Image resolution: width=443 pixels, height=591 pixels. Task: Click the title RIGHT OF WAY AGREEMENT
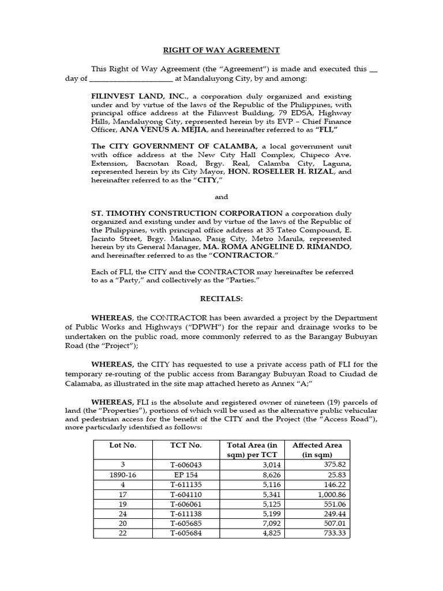[221, 50]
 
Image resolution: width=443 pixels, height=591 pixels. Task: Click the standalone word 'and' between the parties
[221, 197]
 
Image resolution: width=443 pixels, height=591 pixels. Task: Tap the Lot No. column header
[122, 445]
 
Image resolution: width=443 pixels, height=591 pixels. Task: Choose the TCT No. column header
[185, 445]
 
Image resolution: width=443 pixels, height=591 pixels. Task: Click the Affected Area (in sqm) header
[317, 450]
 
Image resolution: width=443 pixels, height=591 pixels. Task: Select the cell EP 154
[185, 474]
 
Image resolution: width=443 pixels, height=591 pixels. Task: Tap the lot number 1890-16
[122, 474]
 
